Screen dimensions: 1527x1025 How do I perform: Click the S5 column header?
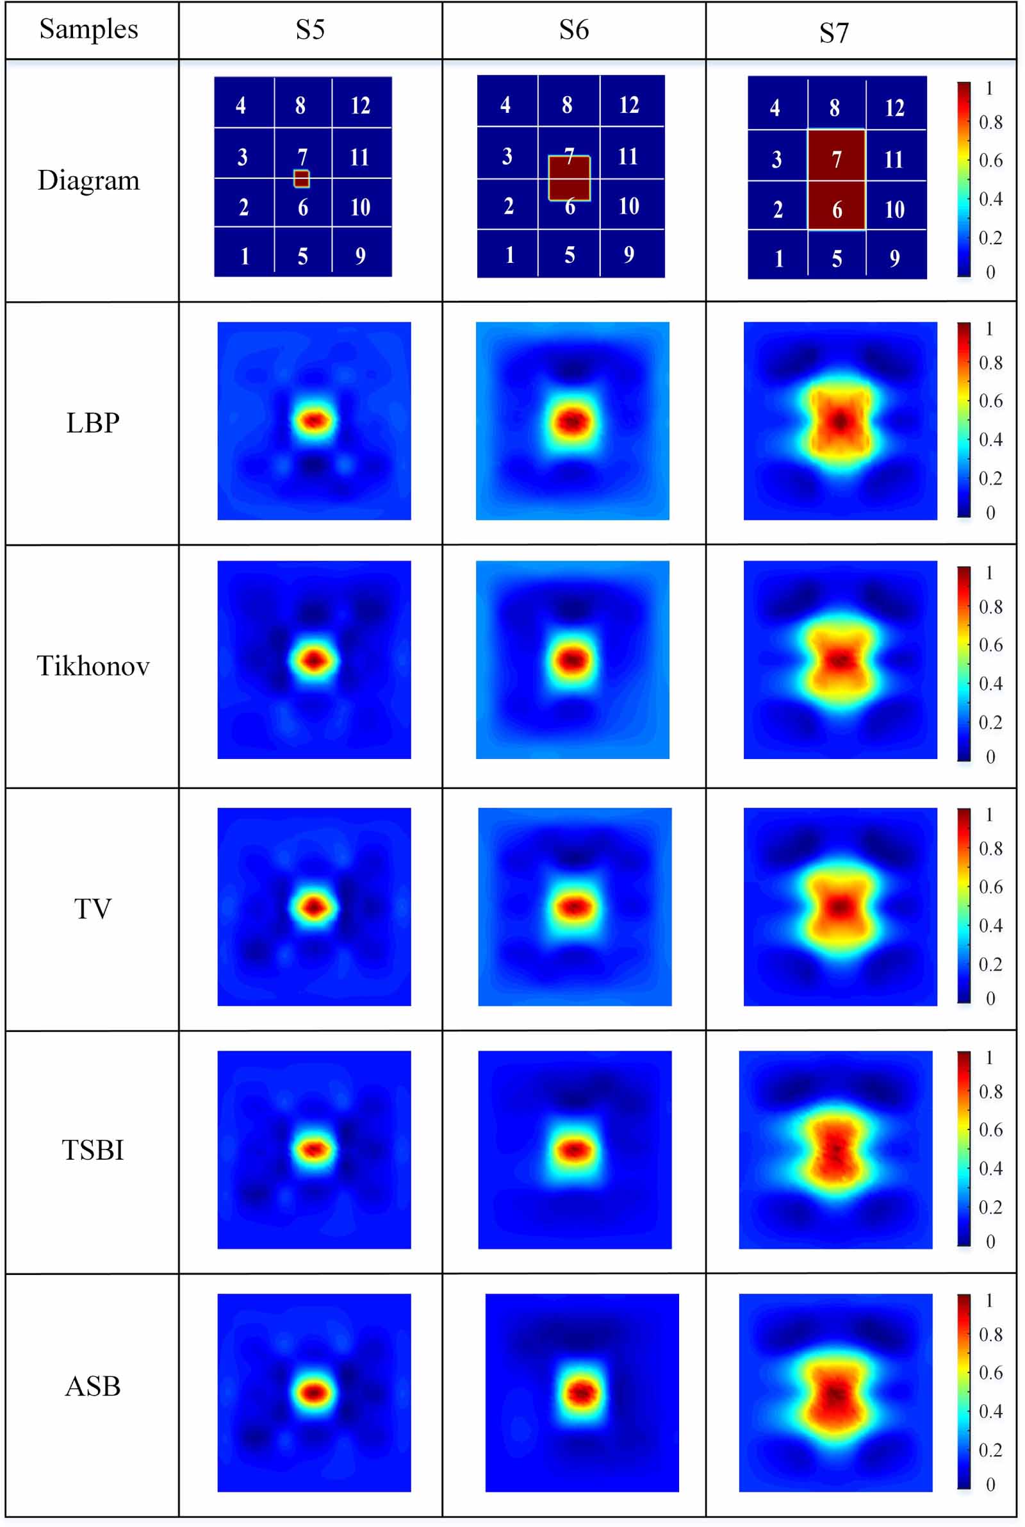(310, 29)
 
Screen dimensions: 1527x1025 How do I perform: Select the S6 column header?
(573, 29)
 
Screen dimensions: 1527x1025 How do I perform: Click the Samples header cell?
(89, 29)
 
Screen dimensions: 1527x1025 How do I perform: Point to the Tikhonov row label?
(93, 665)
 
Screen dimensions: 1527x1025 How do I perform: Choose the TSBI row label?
(93, 1150)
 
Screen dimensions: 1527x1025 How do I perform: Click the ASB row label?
(93, 1387)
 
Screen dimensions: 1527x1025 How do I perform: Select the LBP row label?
(93, 423)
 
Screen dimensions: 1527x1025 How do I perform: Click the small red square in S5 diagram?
(301, 178)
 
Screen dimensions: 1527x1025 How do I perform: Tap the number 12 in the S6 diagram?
(629, 104)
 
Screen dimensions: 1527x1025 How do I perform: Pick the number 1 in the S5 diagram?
(245, 256)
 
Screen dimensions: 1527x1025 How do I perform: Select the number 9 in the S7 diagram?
(894, 258)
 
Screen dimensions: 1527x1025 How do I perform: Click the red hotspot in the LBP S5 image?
(315, 420)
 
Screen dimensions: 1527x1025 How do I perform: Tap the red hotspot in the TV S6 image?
(574, 907)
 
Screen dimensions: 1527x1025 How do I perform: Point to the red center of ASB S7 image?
(835, 1393)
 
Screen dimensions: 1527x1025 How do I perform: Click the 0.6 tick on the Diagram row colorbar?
(990, 160)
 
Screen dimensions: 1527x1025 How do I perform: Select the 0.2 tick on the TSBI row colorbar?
(990, 1206)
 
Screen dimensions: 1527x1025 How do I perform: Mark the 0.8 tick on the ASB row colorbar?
(990, 1334)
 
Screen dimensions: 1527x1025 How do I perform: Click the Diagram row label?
(89, 180)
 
